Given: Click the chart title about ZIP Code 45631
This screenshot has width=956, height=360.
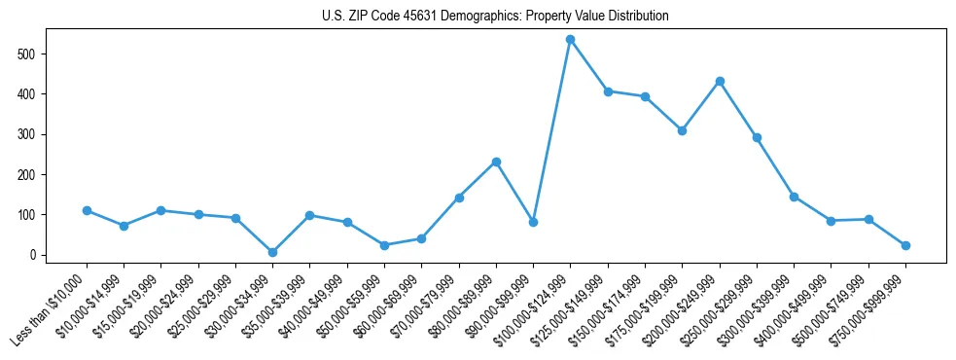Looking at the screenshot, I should pyautogui.click(x=495, y=17).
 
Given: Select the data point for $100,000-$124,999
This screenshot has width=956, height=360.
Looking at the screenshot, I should pyautogui.click(x=571, y=40).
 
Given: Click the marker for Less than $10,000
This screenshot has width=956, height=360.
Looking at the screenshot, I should pyautogui.click(x=87, y=210).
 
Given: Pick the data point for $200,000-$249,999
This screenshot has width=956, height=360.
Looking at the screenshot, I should pyautogui.click(x=720, y=81).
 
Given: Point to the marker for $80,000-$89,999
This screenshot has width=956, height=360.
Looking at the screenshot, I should pyautogui.click(x=496, y=162).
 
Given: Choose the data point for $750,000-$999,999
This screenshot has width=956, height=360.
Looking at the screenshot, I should pyautogui.click(x=905, y=245).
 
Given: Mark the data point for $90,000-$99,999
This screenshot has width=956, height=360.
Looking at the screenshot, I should pyautogui.click(x=533, y=222).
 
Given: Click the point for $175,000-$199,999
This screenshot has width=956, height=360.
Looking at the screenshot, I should pyautogui.click(x=683, y=130).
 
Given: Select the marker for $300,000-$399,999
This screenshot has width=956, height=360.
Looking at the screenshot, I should pyautogui.click(x=795, y=197).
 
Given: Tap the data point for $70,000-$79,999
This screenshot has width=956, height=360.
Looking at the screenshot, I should pyautogui.click(x=459, y=198).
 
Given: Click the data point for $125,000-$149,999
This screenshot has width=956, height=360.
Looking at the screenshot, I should pyautogui.click(x=608, y=91).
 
